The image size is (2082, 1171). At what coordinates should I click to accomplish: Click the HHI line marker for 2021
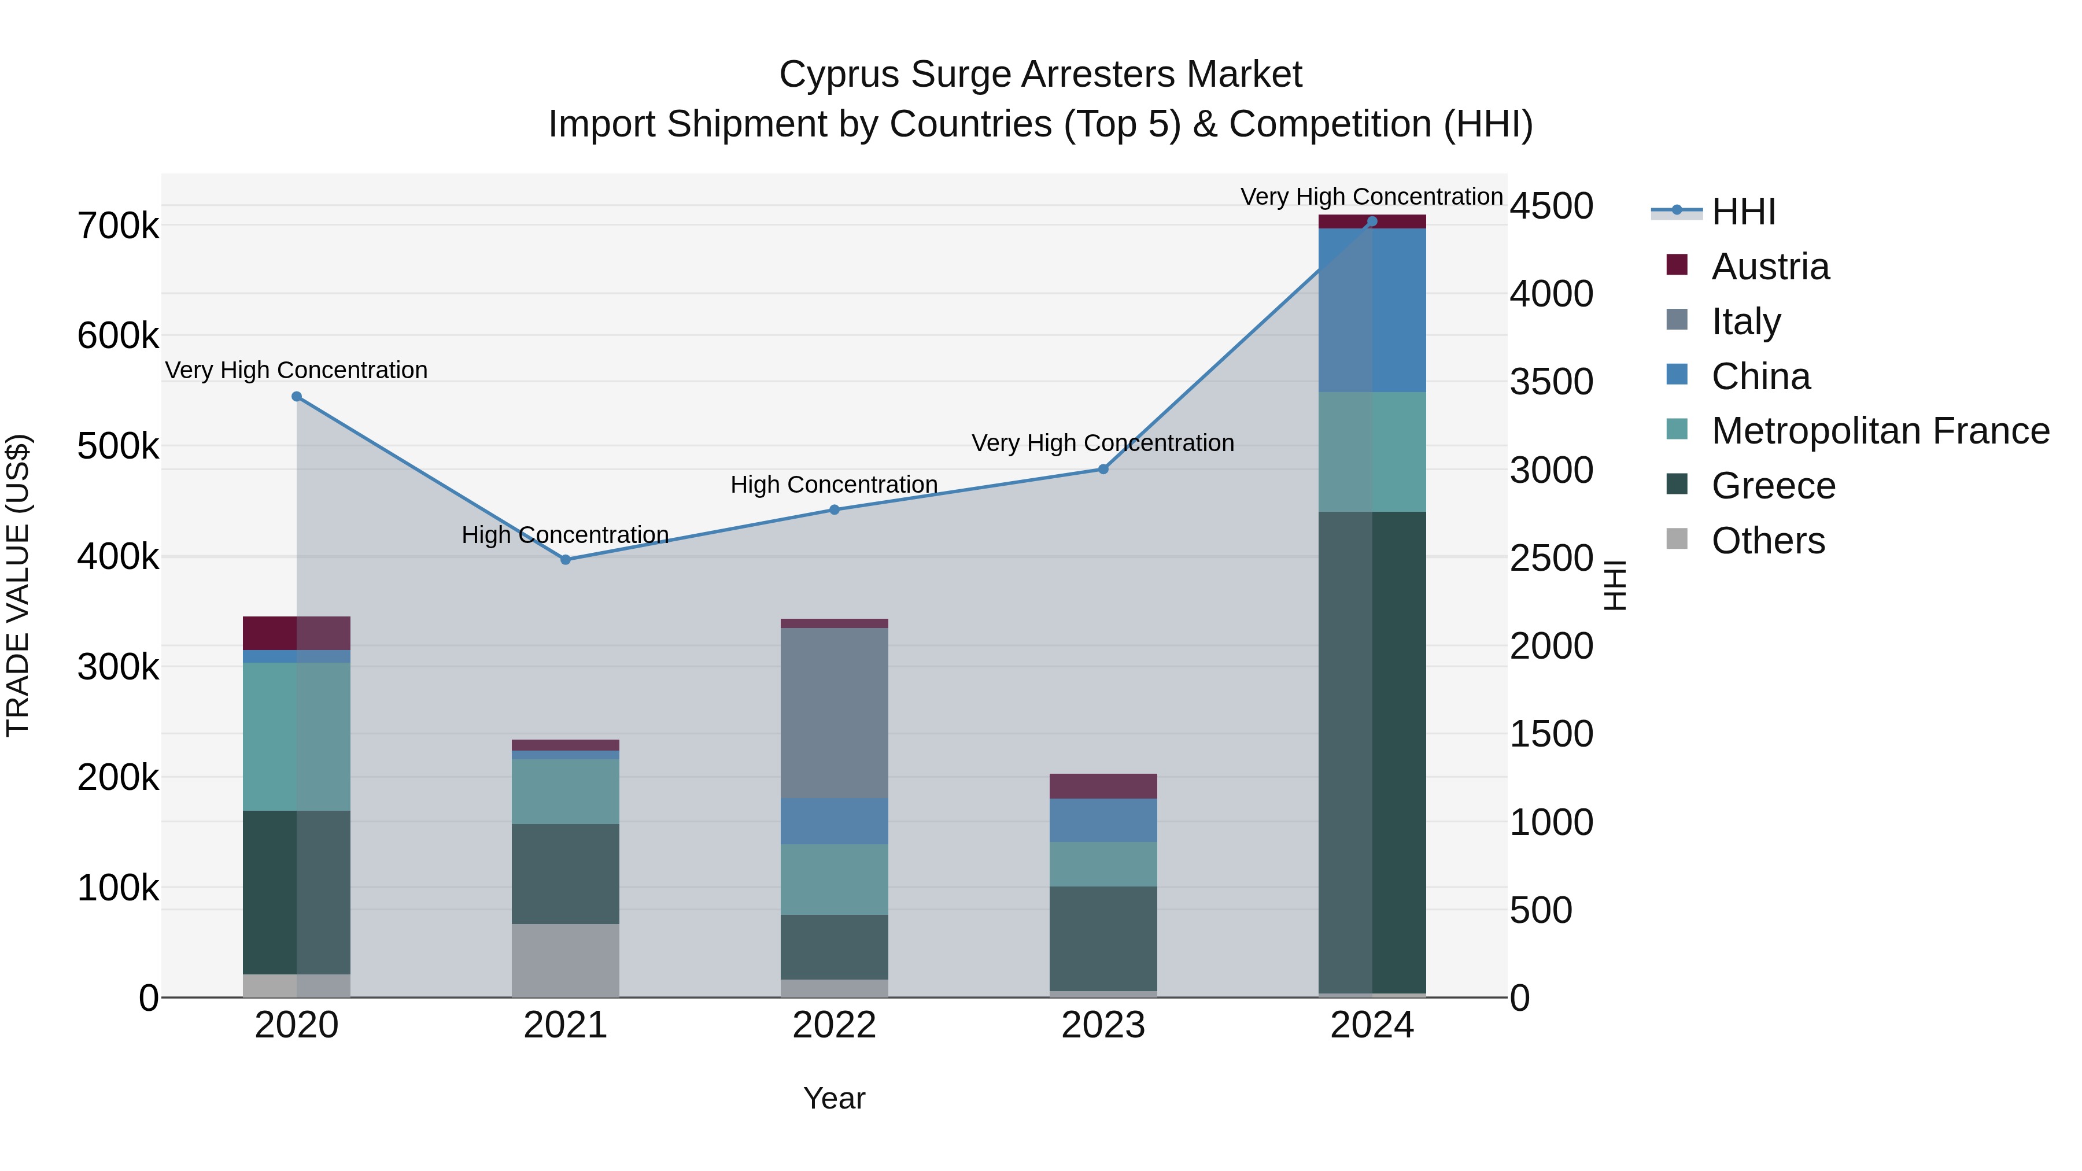566,560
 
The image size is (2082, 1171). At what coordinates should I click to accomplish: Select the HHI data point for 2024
1372,221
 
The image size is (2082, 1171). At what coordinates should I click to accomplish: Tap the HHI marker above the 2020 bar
297,397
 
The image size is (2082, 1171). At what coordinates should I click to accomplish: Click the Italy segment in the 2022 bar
834,713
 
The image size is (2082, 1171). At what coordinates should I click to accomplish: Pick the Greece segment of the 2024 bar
1372,752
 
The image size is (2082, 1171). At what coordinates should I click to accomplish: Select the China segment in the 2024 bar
1372,311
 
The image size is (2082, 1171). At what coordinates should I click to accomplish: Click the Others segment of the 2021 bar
566,960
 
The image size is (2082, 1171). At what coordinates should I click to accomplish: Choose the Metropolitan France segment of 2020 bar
297,736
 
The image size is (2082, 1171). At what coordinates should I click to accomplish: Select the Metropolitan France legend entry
1879,431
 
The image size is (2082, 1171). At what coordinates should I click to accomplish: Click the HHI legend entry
1743,212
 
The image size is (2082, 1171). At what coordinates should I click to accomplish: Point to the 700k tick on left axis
118,226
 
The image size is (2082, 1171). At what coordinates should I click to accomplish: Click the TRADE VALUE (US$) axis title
18,585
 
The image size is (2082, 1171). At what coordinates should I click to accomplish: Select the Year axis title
834,1098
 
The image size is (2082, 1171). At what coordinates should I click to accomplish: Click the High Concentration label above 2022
834,485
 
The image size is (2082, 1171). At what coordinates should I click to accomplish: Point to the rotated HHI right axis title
1614,585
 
